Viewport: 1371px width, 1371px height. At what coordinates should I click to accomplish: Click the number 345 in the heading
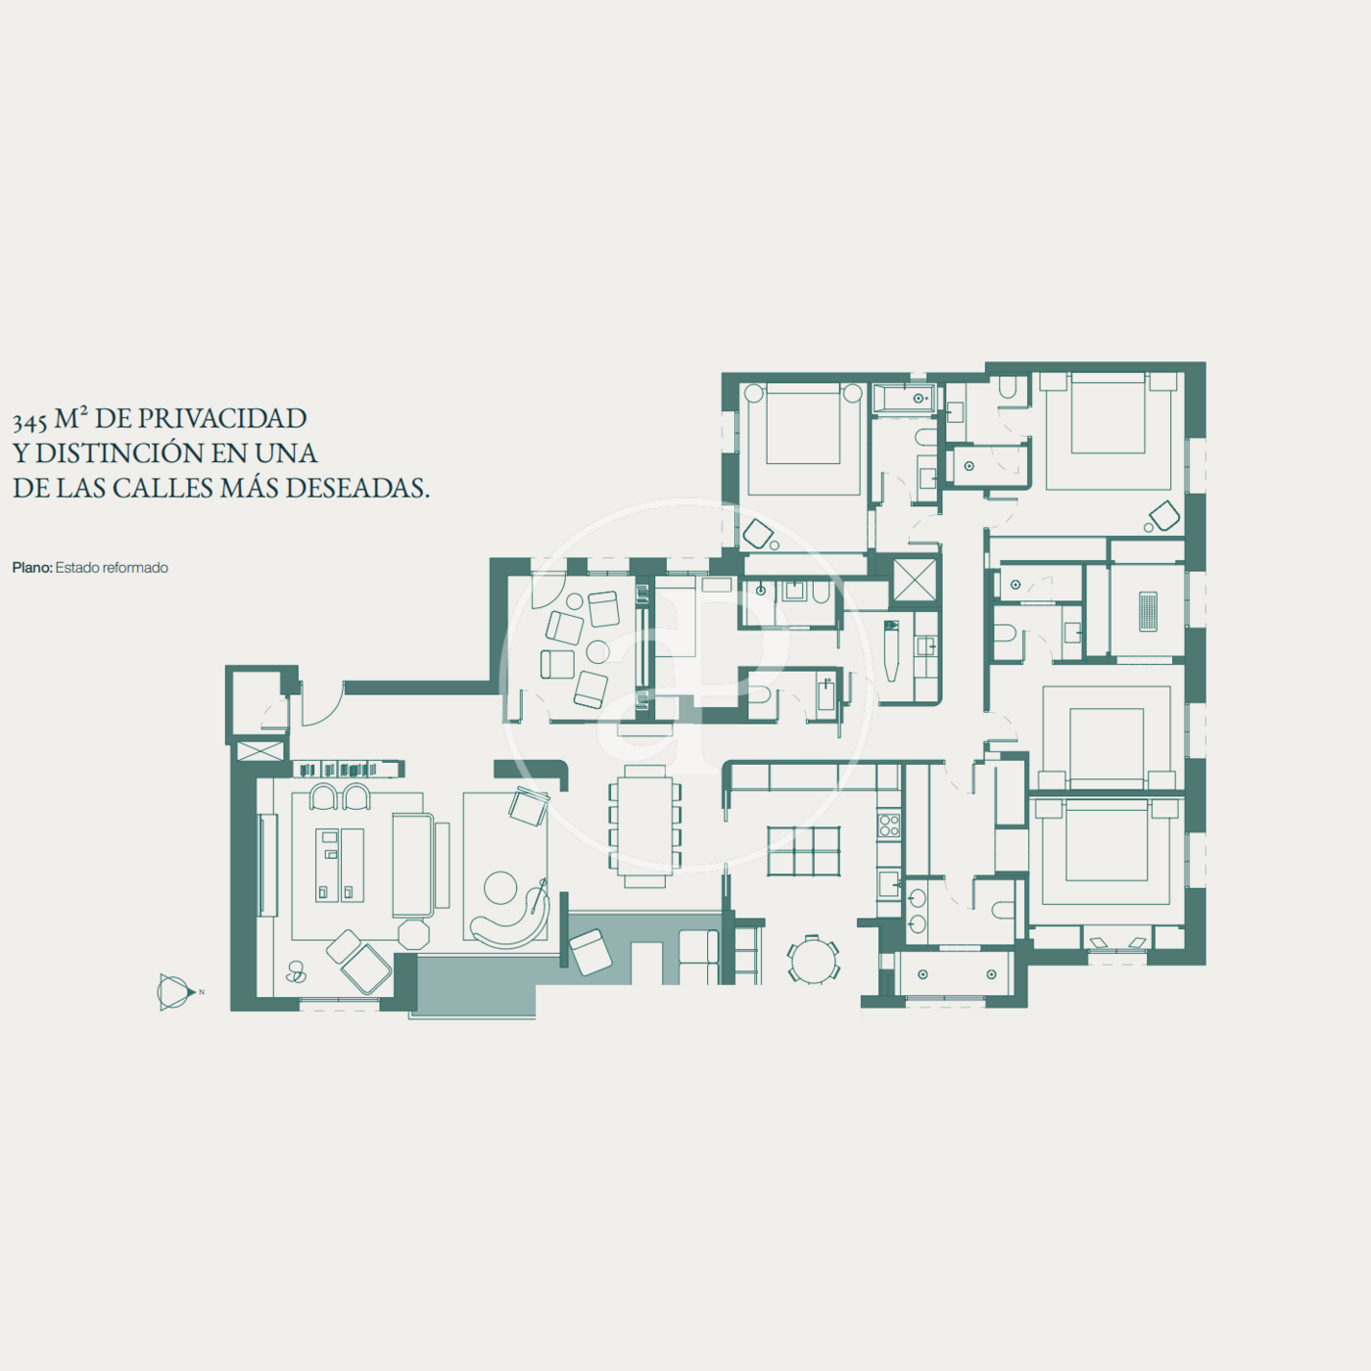click(29, 421)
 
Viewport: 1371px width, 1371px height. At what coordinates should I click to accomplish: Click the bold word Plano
click(32, 568)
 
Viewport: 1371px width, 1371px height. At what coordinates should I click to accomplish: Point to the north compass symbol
click(175, 992)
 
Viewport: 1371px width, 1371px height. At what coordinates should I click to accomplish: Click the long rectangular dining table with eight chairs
click(644, 826)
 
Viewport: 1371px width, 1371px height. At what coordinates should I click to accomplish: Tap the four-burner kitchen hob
click(889, 826)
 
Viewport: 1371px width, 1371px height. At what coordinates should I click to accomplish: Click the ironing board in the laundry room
click(891, 650)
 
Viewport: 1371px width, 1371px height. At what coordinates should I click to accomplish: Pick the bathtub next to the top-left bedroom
click(905, 399)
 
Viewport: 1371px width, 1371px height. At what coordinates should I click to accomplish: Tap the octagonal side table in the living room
click(414, 934)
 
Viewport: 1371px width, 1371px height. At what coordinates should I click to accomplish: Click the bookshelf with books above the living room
click(349, 769)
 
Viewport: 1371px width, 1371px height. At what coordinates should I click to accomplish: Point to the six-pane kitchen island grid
click(803, 850)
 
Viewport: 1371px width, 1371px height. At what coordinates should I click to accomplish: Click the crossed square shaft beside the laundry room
click(915, 580)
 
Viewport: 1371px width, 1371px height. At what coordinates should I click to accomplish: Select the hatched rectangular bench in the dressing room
click(1148, 611)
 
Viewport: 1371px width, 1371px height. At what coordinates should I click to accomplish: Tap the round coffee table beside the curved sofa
click(500, 887)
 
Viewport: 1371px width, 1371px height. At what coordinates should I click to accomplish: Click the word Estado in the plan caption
click(77, 568)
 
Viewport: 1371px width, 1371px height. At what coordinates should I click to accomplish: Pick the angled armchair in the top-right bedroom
click(1164, 516)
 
